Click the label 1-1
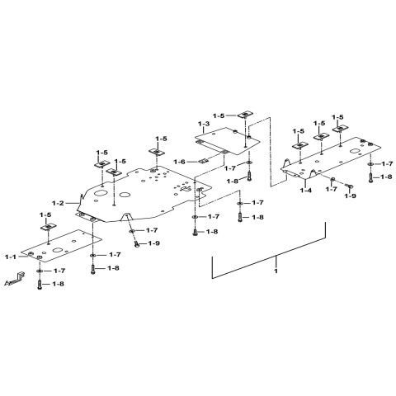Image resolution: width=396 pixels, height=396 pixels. coord(11,257)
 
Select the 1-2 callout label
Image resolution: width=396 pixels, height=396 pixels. coord(58,203)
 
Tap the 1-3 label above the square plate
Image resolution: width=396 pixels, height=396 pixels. coord(204,124)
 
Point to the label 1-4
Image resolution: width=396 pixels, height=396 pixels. coord(306,190)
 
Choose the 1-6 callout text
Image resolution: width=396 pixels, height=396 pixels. coord(180,162)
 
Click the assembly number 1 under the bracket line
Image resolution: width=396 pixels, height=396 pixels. coord(276,271)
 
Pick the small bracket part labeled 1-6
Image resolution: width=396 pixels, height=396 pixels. coord(203,161)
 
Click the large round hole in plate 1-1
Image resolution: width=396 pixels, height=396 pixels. coord(58,250)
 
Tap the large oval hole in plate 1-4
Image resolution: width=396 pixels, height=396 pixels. coord(356,152)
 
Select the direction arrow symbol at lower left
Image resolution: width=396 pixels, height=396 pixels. coord(15,280)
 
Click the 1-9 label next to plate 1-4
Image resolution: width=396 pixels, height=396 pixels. coord(351,196)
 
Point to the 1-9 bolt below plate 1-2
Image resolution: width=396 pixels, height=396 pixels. coord(137,243)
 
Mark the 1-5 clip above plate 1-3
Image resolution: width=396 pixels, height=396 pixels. coord(245,114)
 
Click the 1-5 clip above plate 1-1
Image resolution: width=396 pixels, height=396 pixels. coord(49,227)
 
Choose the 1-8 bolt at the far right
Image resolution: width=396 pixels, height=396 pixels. coord(370,177)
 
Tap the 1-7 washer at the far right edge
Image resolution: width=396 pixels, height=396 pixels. coord(370,164)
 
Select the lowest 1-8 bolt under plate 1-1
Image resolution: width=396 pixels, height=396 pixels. coord(40,285)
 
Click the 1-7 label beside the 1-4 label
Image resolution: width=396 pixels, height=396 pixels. coord(332,190)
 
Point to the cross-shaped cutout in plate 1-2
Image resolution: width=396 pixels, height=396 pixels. coord(186,189)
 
